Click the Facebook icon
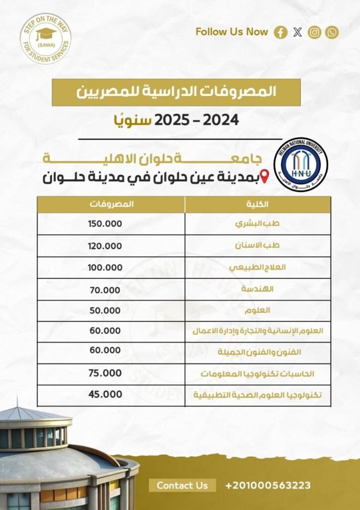pyautogui.click(x=281, y=33)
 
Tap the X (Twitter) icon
pyautogui.click(x=298, y=33)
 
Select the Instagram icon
pyautogui.click(x=315, y=33)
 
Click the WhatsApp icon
pyautogui.click(x=332, y=33)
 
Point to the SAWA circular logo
pyautogui.click(x=45, y=38)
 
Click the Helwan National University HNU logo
pyautogui.click(x=301, y=165)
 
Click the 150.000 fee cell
pyautogui.click(x=105, y=224)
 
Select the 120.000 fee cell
pyautogui.click(x=105, y=246)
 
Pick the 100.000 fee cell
pyautogui.click(x=105, y=267)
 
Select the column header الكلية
pyautogui.click(x=257, y=204)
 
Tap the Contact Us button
pyautogui.click(x=182, y=485)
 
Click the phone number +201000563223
pyautogui.click(x=268, y=485)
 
